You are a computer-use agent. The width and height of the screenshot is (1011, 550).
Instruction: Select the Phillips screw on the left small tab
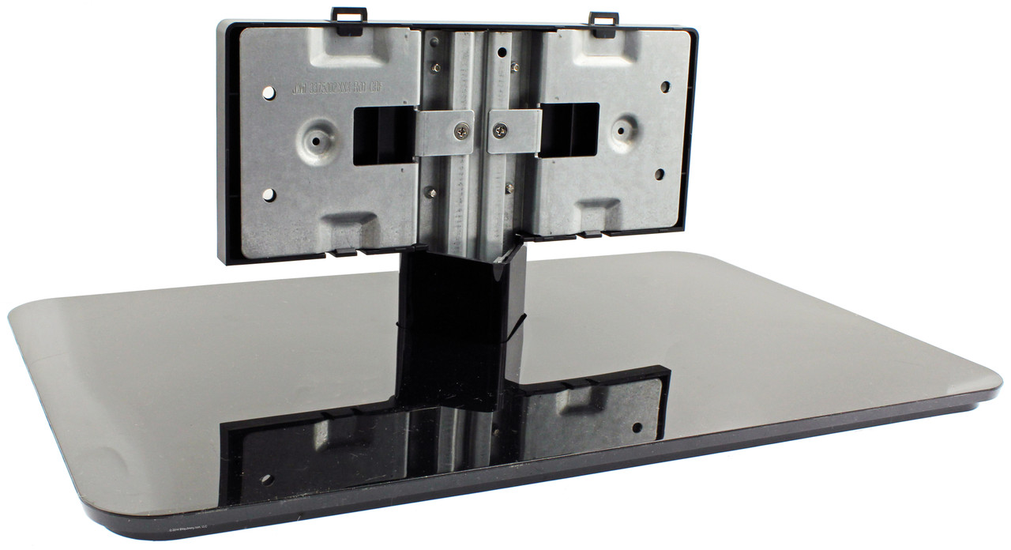461,132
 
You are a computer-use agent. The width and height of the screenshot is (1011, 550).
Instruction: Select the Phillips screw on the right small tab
499,130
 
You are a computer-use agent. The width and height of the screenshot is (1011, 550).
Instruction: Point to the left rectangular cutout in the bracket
384,137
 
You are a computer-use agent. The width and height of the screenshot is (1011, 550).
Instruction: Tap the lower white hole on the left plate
268,194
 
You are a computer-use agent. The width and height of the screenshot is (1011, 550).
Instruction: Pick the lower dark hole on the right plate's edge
660,173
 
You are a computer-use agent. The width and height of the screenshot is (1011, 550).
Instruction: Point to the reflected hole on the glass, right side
637,428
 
